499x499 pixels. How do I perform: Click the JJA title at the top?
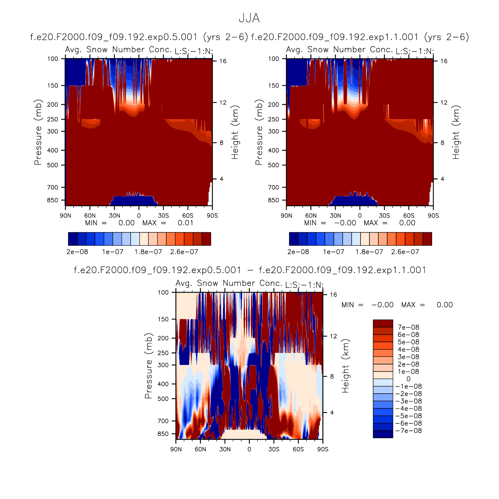tap(249, 18)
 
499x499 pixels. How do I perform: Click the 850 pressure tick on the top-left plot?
tap(53, 200)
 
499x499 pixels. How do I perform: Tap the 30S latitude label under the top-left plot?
tap(163, 216)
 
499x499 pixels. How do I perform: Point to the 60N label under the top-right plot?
tap(311, 216)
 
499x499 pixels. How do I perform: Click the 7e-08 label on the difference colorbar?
tap(408, 327)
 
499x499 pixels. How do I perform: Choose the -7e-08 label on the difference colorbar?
tap(409, 431)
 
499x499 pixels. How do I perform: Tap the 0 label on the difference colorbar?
tap(408, 379)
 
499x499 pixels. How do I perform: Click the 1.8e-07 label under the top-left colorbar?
tap(148, 252)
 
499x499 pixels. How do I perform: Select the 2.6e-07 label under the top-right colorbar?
tap(405, 252)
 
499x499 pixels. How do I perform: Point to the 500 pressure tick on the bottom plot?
tap(163, 399)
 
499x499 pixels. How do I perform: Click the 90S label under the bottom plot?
tap(323, 449)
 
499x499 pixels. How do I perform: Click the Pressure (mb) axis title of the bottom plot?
tap(148, 366)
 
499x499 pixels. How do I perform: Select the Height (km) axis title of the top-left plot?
tap(235, 132)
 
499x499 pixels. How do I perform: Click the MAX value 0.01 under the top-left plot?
tap(186, 223)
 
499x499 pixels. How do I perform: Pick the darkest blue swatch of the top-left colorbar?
tap(72, 239)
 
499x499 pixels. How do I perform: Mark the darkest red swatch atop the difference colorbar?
tap(383, 323)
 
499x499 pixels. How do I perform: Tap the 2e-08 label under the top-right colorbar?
tap(298, 252)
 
